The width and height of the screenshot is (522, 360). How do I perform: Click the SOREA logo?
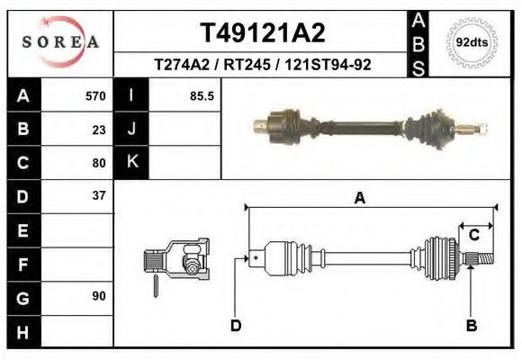point(59,42)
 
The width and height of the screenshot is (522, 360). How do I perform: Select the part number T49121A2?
point(261,33)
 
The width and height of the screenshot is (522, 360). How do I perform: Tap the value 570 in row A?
point(95,96)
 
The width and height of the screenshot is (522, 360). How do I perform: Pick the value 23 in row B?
point(99,130)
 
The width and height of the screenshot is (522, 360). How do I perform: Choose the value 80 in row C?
point(99,163)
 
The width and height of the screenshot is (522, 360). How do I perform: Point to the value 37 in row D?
point(99,195)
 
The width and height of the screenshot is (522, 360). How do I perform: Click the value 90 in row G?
point(99,295)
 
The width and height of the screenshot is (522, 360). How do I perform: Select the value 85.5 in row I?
point(202,96)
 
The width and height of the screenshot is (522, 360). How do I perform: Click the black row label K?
point(131,163)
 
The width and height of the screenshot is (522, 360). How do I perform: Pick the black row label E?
point(22,229)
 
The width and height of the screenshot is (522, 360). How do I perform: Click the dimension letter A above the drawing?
point(359,199)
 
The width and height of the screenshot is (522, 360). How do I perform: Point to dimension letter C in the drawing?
point(473,236)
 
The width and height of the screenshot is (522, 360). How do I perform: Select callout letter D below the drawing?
point(235,325)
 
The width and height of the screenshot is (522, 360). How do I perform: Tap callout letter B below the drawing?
point(471,325)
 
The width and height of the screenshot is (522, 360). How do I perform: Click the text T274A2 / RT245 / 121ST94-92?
point(263,65)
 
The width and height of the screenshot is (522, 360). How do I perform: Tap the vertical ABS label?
point(419,42)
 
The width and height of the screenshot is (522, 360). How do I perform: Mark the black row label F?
point(22,263)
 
